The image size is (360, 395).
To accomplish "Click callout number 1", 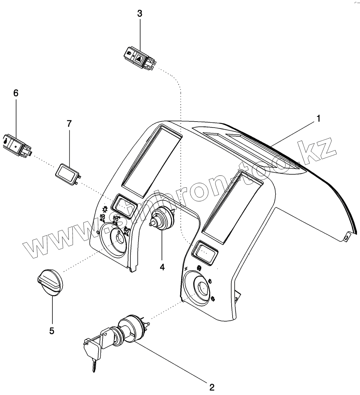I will (x=318, y=118).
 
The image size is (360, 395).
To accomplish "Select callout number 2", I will (x=211, y=387).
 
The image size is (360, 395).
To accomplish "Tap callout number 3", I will (x=140, y=14).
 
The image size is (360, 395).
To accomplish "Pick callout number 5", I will (x=52, y=331).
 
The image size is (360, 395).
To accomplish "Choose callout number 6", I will (x=16, y=93).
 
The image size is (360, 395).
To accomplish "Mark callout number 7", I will (x=69, y=124).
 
